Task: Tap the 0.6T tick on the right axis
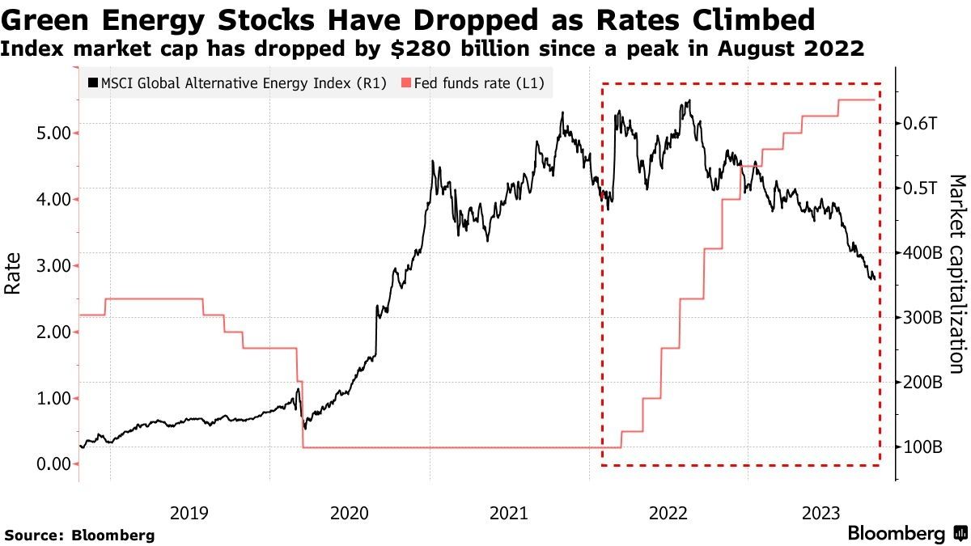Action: point(921,124)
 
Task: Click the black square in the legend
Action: point(93,83)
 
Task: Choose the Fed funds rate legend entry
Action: point(477,83)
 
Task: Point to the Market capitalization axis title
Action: point(956,272)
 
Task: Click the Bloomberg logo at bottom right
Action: point(906,534)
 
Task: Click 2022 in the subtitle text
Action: point(835,49)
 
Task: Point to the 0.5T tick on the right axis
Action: point(921,188)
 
